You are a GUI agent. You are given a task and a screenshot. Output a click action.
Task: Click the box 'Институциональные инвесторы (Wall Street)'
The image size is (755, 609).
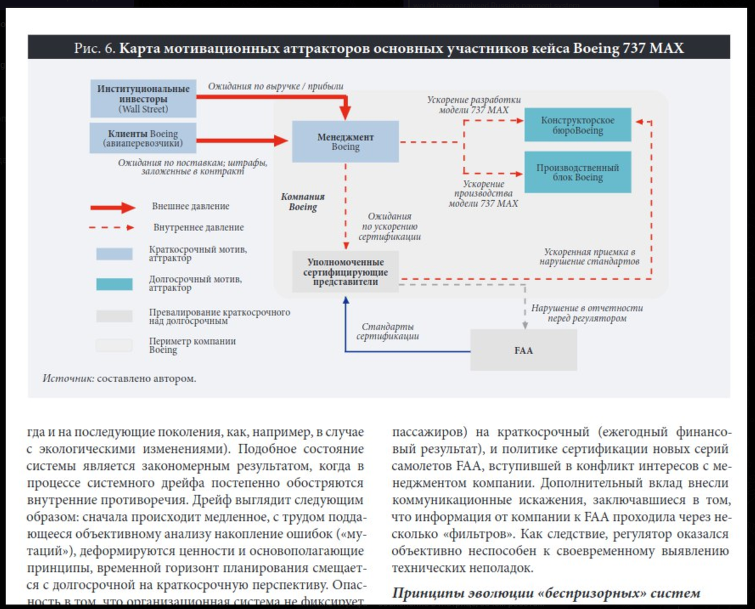(143, 98)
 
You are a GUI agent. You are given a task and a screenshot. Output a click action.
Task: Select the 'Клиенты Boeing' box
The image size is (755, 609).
(143, 138)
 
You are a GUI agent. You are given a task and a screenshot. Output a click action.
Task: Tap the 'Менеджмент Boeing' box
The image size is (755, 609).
(345, 142)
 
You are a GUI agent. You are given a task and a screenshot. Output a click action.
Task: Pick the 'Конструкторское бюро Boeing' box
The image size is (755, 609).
(578, 125)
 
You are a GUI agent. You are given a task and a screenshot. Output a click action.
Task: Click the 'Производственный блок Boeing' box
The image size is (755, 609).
(578, 172)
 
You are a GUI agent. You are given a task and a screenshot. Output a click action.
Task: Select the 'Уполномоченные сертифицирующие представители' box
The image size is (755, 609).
(345, 272)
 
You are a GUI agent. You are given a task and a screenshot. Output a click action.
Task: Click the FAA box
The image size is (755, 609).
(523, 350)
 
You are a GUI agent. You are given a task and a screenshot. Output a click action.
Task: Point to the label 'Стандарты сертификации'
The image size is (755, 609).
(388, 332)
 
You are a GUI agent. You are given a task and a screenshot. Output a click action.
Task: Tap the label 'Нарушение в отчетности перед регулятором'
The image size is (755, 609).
(587, 313)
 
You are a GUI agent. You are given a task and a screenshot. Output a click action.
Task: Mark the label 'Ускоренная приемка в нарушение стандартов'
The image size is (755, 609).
(590, 257)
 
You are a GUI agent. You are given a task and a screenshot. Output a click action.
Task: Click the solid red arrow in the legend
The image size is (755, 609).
(113, 207)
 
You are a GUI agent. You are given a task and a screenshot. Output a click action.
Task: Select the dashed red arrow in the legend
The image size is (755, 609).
(113, 228)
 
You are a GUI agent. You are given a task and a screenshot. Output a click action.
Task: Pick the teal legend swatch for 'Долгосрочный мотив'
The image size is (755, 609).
(114, 284)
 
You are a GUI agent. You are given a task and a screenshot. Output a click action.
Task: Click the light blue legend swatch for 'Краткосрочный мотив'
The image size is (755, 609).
(114, 254)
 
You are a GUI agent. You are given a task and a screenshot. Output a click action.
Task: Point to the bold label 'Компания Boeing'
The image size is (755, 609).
(303, 202)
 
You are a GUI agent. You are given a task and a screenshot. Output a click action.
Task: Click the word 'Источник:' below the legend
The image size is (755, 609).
(68, 379)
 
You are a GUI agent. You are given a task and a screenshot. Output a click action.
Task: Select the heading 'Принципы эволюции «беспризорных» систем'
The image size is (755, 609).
(546, 593)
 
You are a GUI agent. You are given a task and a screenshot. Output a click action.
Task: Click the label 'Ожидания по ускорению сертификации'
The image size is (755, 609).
(389, 226)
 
